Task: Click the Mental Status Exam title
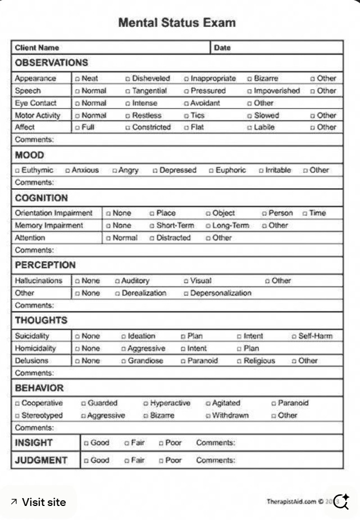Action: (x=177, y=23)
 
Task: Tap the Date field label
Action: (x=222, y=48)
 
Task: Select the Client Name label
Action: (x=37, y=48)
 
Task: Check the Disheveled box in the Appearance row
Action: (x=128, y=79)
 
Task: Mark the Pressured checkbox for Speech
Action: (x=186, y=91)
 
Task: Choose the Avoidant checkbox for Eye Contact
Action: (x=186, y=104)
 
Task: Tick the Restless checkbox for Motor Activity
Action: (x=128, y=116)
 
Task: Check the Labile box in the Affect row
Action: (x=249, y=127)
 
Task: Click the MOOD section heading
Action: (x=29, y=155)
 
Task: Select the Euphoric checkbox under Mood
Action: (x=212, y=171)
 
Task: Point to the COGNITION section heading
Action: (x=41, y=198)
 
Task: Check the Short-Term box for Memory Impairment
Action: (x=152, y=226)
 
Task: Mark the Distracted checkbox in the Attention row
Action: (x=152, y=238)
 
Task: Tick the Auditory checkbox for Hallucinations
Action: (x=117, y=281)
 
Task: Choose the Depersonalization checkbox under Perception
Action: (x=186, y=293)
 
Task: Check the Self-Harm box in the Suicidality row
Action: (x=294, y=336)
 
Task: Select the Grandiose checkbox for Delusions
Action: (x=123, y=361)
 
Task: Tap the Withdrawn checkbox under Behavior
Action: (x=208, y=416)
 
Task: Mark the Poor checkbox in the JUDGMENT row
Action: (x=161, y=461)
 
